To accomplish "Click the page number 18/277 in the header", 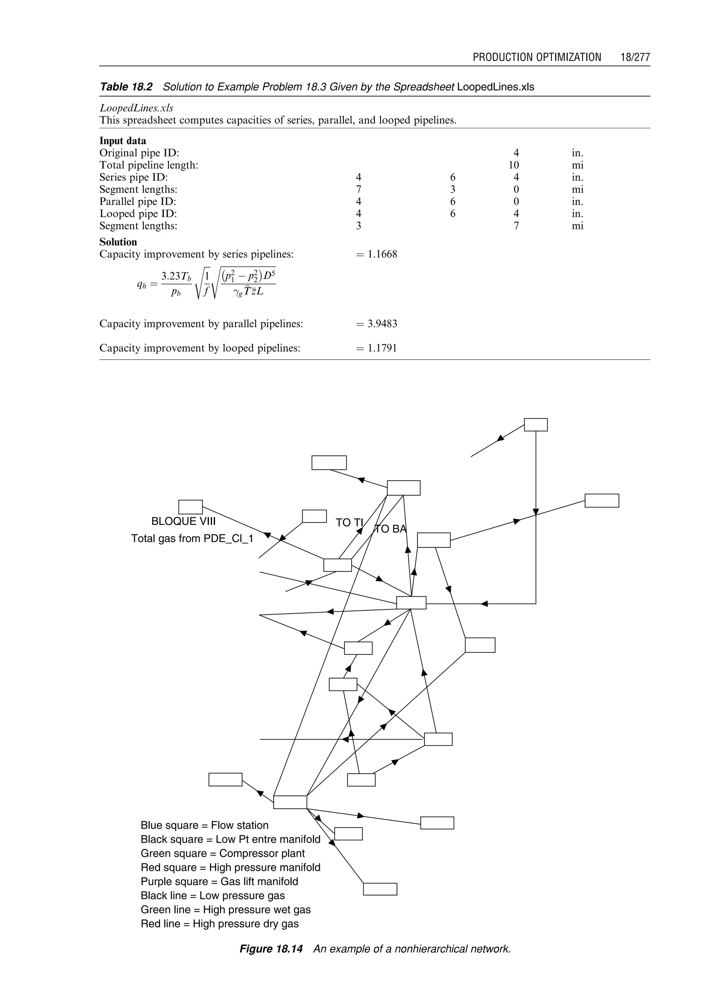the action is tap(635, 57).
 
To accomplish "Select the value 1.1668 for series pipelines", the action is tap(382, 254).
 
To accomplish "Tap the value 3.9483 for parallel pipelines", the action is tap(382, 324).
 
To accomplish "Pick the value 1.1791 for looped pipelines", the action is tap(382, 349).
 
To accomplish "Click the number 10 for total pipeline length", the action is tap(513, 165).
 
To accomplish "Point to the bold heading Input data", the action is tap(123, 141).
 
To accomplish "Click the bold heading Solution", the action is tap(118, 242).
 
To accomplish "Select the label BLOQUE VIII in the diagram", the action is tap(183, 521).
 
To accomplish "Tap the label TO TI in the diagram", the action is tap(349, 522).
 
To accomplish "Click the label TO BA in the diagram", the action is tap(390, 529).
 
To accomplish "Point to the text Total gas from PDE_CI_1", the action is tap(192, 538).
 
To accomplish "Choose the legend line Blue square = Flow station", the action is tap(204, 825).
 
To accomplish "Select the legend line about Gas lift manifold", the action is tap(219, 881).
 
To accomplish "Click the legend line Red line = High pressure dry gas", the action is tap(220, 923).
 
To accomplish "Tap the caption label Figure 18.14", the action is tap(271, 949).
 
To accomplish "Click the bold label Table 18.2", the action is tap(126, 87).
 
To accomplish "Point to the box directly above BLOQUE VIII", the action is tap(190, 507).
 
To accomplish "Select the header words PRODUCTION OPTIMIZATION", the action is tap(537, 57).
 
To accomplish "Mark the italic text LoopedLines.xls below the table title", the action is tap(136, 108).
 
